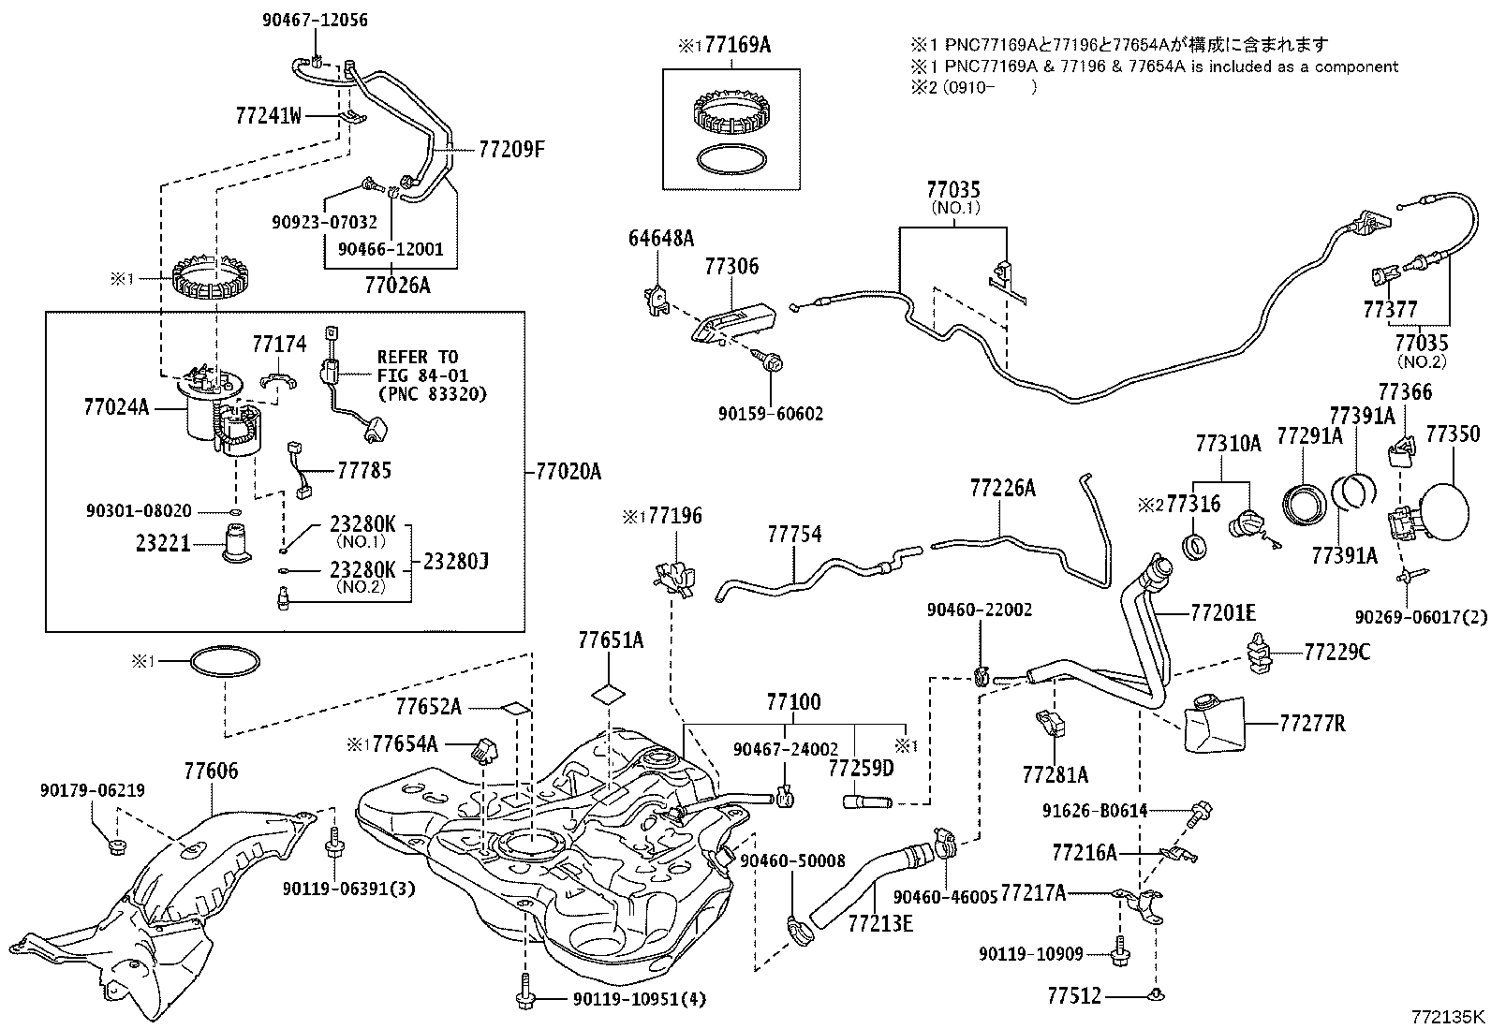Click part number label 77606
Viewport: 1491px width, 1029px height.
[211, 771]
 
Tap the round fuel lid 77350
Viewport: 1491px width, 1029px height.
[1444, 511]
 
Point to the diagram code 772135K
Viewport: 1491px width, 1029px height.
[1448, 1017]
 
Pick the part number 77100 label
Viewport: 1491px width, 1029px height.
[793, 701]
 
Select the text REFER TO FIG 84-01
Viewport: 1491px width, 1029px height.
[422, 366]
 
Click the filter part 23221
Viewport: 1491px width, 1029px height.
[236, 543]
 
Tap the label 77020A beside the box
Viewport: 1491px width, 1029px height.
[568, 472]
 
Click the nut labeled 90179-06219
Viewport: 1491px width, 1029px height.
[118, 847]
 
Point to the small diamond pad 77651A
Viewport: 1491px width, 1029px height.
[609, 694]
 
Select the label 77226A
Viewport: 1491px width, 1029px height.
[1002, 488]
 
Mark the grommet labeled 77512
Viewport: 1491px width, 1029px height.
[1158, 995]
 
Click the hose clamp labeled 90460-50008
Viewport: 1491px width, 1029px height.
[800, 931]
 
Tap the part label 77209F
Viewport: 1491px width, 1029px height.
[511, 149]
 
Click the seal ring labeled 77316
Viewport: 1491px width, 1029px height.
[1195, 547]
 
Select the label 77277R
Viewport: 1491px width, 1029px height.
[1312, 723]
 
